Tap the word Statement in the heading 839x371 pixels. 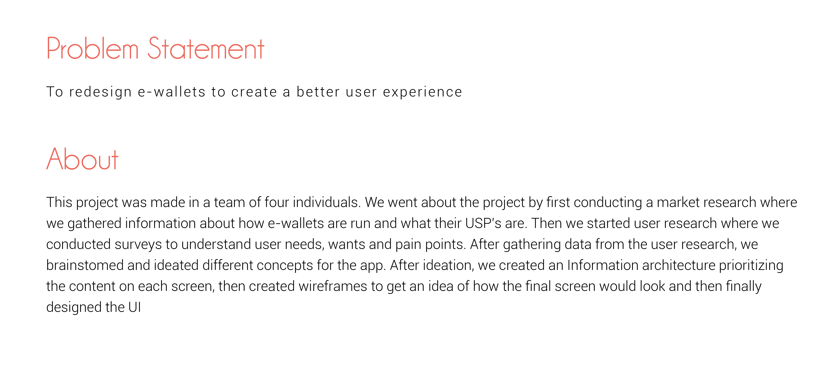coord(206,48)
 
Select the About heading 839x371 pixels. coord(82,159)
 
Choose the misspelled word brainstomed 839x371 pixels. coord(85,265)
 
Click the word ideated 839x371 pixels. coord(176,265)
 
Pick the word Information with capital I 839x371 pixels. coord(602,265)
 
